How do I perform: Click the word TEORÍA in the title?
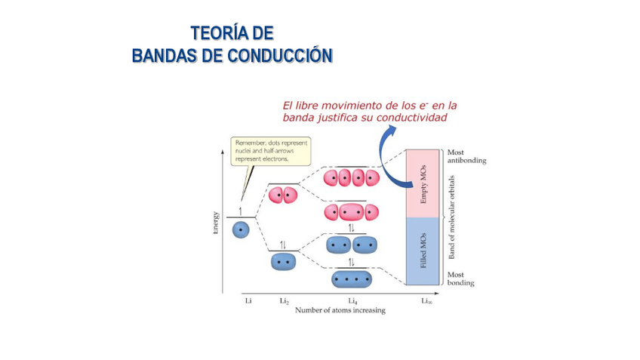pyautogui.click(x=213, y=33)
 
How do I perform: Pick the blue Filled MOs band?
pyautogui.click(x=423, y=251)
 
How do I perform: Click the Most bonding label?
pyautogui.click(x=460, y=279)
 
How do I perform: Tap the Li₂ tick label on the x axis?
pyautogui.click(x=284, y=301)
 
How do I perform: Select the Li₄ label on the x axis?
pyautogui.click(x=352, y=301)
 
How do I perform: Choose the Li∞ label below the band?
pyautogui.click(x=426, y=301)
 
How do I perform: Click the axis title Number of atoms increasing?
pyautogui.click(x=340, y=310)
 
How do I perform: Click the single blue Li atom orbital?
pyautogui.click(x=241, y=229)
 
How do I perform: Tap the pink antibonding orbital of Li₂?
pyautogui.click(x=283, y=195)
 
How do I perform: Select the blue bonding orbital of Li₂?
pyautogui.click(x=283, y=262)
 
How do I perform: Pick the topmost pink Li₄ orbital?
pyautogui.click(x=351, y=178)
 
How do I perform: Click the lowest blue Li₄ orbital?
pyautogui.click(x=352, y=279)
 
